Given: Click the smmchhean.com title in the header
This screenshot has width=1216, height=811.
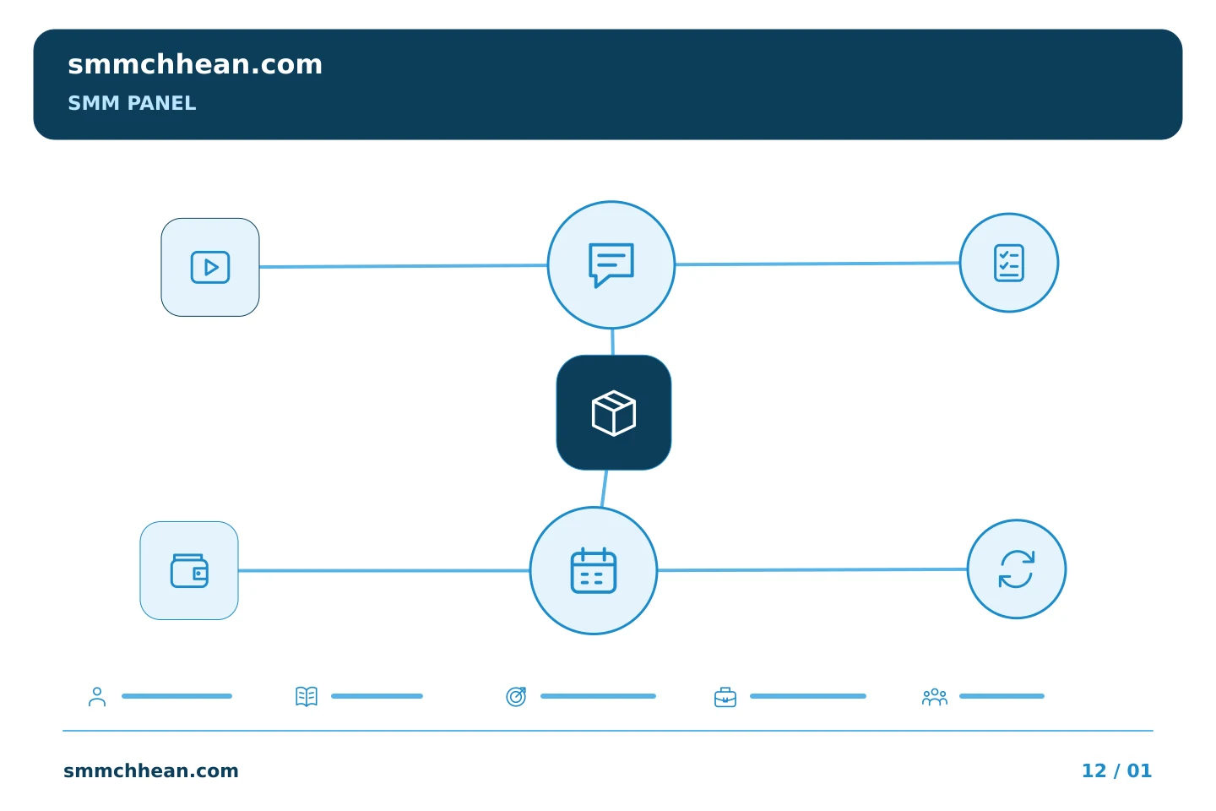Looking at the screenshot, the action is pyautogui.click(x=195, y=65).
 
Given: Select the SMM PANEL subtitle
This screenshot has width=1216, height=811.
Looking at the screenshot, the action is pyautogui.click(x=132, y=103).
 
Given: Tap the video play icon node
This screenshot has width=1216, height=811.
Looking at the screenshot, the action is pyautogui.click(x=210, y=267).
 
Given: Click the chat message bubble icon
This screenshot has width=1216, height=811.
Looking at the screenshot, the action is pyautogui.click(x=611, y=265).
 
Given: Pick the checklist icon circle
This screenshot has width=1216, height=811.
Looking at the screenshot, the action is pyautogui.click(x=1009, y=263).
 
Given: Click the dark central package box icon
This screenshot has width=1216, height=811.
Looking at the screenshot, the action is pyautogui.click(x=614, y=413).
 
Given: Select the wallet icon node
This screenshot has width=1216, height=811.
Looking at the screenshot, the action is pyautogui.click(x=189, y=571).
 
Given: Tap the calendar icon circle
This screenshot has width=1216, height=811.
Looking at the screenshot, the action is pyautogui.click(x=594, y=571).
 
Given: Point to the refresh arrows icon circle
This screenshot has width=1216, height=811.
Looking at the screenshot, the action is pyautogui.click(x=1017, y=569).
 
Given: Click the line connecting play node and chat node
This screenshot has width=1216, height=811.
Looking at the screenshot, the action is pyautogui.click(x=404, y=266).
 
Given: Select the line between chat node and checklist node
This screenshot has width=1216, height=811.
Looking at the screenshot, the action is pyautogui.click(x=817, y=264).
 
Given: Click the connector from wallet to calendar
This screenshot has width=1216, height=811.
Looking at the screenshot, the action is pyautogui.click(x=383, y=571).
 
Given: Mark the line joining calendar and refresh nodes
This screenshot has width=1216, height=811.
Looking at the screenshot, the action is pyautogui.click(x=812, y=570).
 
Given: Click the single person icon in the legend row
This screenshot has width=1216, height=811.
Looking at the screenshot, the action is pyautogui.click(x=97, y=696).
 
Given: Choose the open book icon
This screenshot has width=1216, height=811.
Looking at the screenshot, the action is pyautogui.click(x=307, y=696).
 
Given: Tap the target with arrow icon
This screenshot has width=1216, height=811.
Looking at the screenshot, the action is pyautogui.click(x=516, y=696).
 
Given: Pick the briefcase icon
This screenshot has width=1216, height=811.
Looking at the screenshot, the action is pyautogui.click(x=725, y=697).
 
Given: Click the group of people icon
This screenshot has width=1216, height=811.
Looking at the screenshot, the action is pyautogui.click(x=934, y=697).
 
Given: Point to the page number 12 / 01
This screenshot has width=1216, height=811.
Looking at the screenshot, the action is pyautogui.click(x=1116, y=770).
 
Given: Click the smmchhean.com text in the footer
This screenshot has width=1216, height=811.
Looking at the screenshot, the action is pyautogui.click(x=151, y=770).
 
